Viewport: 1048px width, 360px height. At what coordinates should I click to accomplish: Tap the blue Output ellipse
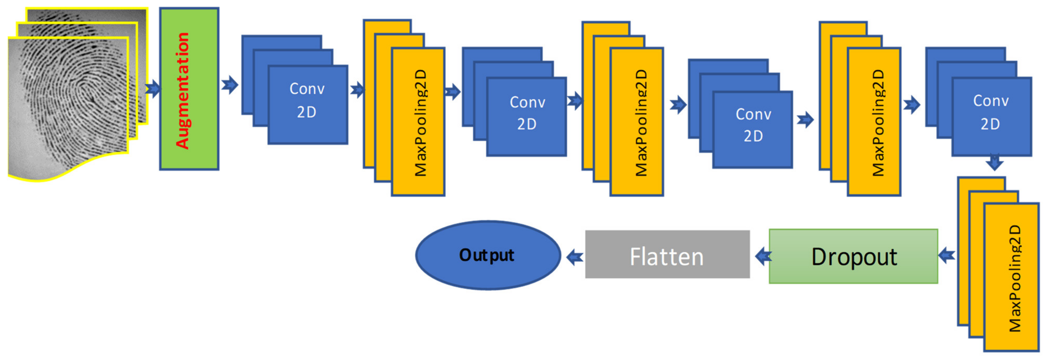coord(487,255)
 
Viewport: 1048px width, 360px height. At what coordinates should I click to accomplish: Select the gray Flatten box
coord(667,255)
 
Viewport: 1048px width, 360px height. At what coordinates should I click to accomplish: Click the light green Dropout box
coord(853,256)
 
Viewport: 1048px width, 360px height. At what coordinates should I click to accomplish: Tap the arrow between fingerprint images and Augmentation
coord(153,88)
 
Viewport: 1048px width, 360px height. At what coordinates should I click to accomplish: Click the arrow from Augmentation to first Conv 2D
coord(230,85)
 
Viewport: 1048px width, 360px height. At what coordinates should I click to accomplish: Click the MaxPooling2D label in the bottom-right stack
coord(1015,279)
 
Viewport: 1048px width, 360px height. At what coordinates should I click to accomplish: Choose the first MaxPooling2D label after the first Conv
coord(420,123)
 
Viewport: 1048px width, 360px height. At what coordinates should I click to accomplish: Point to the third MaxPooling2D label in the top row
coord(878,123)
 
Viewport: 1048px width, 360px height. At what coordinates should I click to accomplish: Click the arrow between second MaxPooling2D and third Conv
coord(678,105)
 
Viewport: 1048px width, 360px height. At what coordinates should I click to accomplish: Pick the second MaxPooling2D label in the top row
coord(641,123)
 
